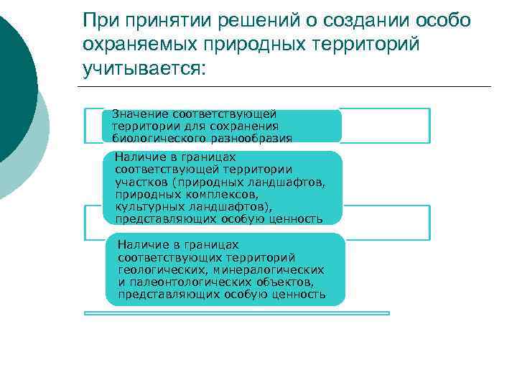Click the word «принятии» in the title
155,19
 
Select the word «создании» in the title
357,19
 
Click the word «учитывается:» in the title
144,68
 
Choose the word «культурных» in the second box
143,206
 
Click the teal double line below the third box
237,313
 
